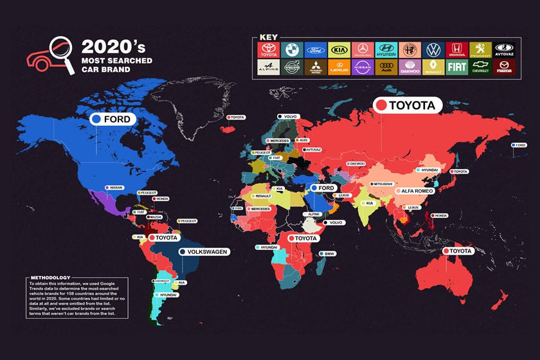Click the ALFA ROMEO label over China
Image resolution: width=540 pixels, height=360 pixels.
click(x=417, y=191)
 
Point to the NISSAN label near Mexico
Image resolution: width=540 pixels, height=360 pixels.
click(x=115, y=188)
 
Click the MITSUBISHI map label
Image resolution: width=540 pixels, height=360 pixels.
click(x=385, y=184)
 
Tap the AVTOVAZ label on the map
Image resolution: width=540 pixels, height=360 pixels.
click(x=313, y=149)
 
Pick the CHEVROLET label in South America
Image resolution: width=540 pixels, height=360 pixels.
click(x=161, y=281)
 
